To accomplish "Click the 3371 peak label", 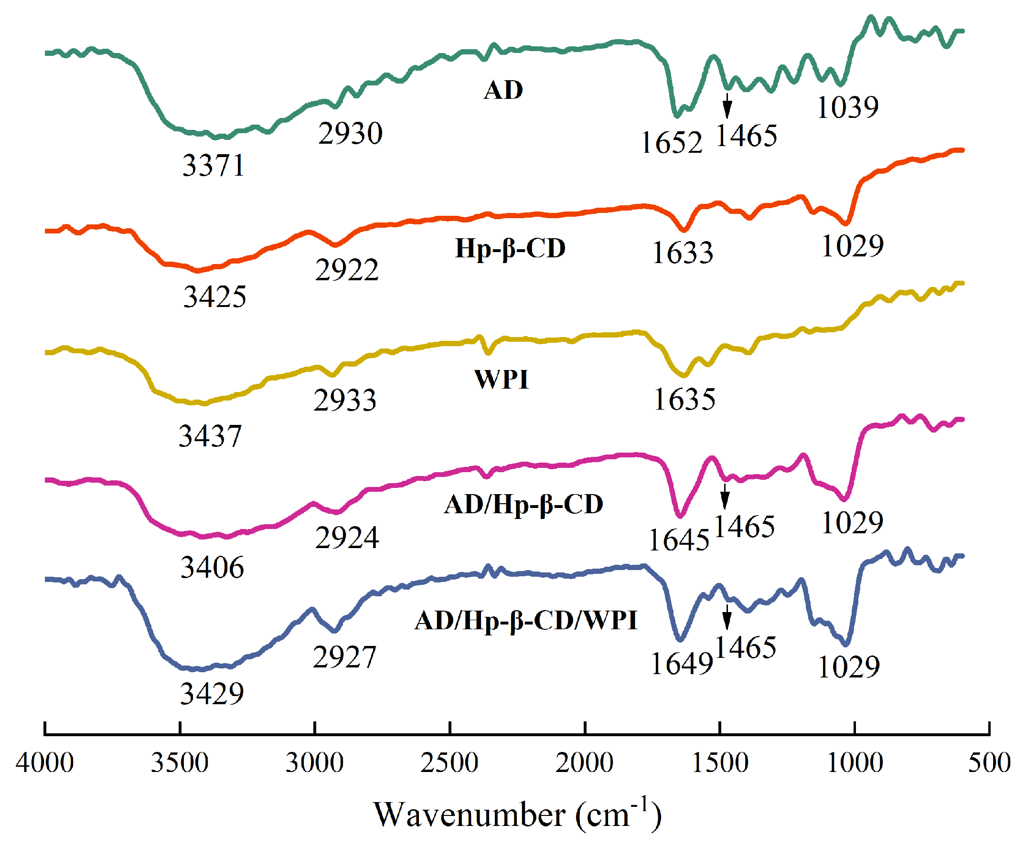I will [x=213, y=165].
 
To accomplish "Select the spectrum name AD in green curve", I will [x=503, y=90].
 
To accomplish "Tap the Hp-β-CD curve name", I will [x=510, y=249].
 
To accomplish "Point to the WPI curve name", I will [x=501, y=379].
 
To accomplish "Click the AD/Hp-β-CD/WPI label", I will [x=526, y=620].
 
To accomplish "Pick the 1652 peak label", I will [x=672, y=143].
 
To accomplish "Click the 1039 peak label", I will [x=847, y=107].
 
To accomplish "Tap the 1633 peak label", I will [x=682, y=253].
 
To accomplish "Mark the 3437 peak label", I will [x=210, y=436].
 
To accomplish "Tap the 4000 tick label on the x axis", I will [x=45, y=762].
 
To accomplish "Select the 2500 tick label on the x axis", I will [x=449, y=762].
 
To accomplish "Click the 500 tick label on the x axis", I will [x=989, y=762].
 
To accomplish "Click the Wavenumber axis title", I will [x=517, y=814].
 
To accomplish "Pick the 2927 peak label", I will [x=344, y=656].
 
